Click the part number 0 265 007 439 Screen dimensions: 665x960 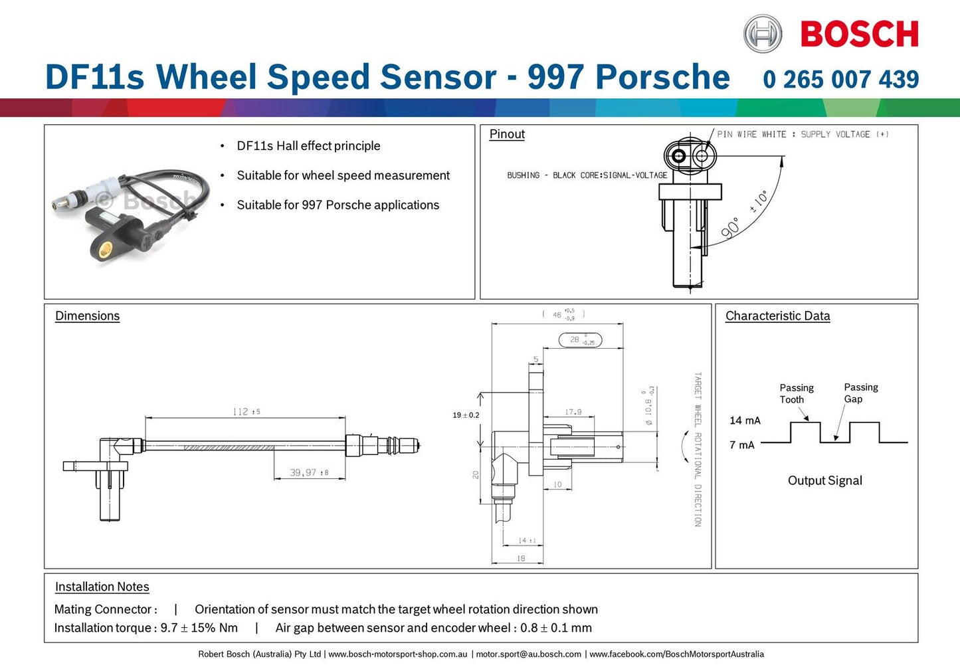840,79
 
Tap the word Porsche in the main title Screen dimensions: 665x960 662,76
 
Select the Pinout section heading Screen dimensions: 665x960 507,134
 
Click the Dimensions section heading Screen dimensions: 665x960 87,316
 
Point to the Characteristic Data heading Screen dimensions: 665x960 777,316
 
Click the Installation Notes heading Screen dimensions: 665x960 102,587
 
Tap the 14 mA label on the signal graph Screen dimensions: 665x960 745,421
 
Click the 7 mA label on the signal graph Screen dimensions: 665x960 742,445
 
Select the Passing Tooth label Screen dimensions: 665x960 796,393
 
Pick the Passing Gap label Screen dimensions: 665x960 860,393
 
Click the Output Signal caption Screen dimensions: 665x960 824,480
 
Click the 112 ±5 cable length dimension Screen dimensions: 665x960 246,412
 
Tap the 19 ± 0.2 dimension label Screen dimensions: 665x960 466,415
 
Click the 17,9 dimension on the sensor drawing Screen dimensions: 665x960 573,412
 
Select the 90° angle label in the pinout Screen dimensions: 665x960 730,228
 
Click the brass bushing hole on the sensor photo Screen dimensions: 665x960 104,250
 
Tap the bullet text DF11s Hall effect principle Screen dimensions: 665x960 308,145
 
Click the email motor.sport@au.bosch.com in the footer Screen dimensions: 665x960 528,654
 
